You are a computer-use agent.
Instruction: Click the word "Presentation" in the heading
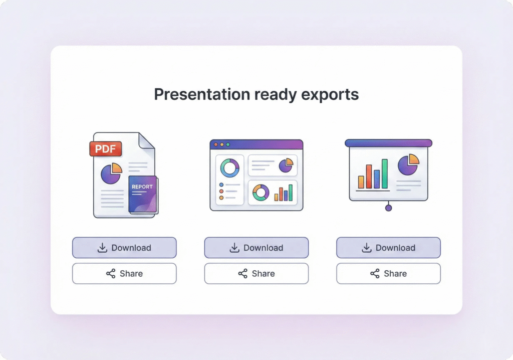click(202, 94)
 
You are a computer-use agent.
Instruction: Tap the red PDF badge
click(106, 149)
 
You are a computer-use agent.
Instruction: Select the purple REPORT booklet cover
click(143, 194)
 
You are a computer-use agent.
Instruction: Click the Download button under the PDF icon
click(124, 248)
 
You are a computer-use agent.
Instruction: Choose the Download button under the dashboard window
click(256, 248)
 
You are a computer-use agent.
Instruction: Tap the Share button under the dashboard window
click(256, 274)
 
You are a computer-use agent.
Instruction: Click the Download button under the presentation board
click(388, 248)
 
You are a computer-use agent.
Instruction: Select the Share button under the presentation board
click(388, 274)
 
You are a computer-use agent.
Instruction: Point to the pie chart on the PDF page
click(111, 173)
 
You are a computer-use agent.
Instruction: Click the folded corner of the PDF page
click(147, 141)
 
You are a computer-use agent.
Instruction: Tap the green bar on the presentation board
click(385, 174)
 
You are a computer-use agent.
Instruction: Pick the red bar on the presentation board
click(369, 176)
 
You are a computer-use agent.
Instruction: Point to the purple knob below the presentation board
click(388, 208)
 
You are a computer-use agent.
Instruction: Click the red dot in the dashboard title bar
click(216, 144)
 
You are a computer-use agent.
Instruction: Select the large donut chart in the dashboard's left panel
click(229, 168)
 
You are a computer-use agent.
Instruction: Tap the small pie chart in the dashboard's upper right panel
click(286, 165)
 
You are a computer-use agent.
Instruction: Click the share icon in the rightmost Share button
click(375, 274)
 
